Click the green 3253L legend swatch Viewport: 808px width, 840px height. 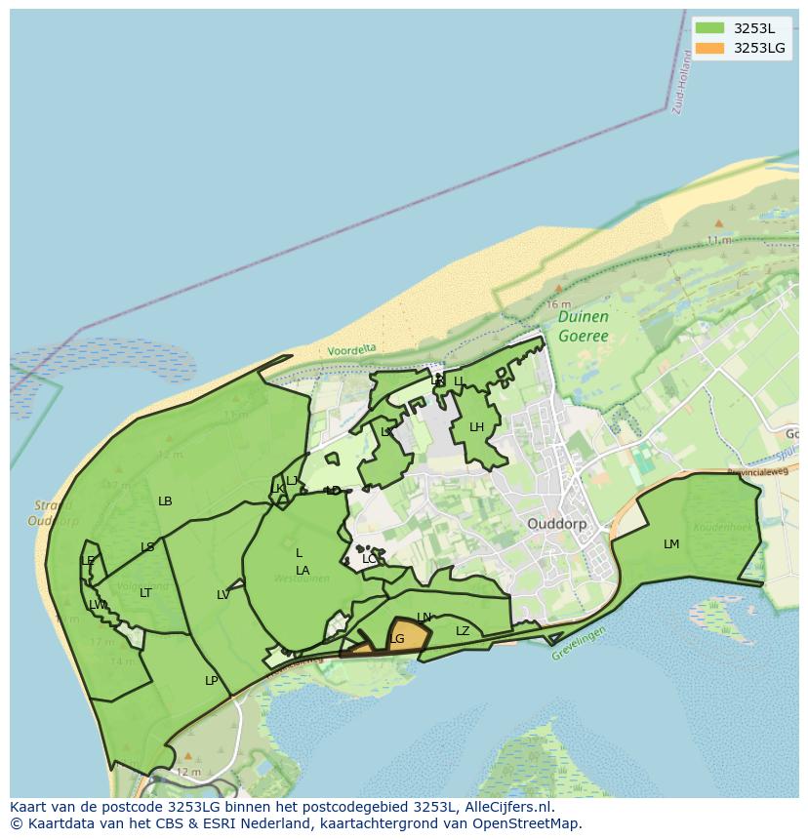[x=709, y=28]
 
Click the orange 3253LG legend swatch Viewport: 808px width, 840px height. [x=709, y=48]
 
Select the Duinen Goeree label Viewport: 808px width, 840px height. [x=584, y=327]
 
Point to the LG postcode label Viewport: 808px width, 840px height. [x=396, y=639]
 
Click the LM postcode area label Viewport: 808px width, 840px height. [x=671, y=544]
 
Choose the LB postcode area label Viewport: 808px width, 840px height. [x=165, y=501]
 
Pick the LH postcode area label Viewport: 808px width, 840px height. [x=476, y=427]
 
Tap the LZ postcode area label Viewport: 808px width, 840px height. [x=463, y=631]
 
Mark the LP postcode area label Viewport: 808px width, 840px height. [x=211, y=681]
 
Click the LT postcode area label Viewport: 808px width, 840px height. [x=145, y=593]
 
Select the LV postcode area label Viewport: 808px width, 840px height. [x=223, y=595]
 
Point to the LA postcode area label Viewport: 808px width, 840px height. [x=303, y=571]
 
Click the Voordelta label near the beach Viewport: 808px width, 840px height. [x=351, y=349]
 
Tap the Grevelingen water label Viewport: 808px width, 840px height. [x=579, y=644]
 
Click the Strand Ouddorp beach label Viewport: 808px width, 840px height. [x=54, y=513]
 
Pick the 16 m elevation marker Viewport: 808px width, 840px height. [x=558, y=304]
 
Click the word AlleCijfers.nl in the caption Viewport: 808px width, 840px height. [x=508, y=807]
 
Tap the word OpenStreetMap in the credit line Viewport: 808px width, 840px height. [x=528, y=823]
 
